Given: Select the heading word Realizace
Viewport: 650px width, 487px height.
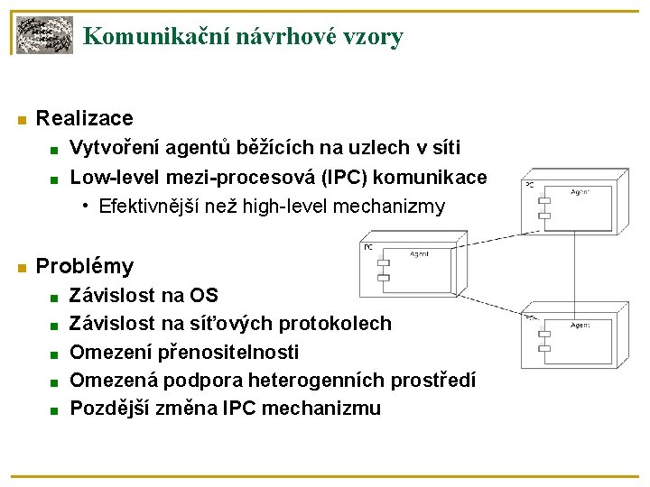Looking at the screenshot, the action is click(x=84, y=118).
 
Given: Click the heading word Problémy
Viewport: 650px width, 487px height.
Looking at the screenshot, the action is click(x=84, y=266).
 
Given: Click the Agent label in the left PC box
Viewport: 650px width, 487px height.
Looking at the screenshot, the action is click(x=420, y=254).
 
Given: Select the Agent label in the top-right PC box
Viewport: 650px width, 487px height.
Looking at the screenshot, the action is click(x=580, y=191).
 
